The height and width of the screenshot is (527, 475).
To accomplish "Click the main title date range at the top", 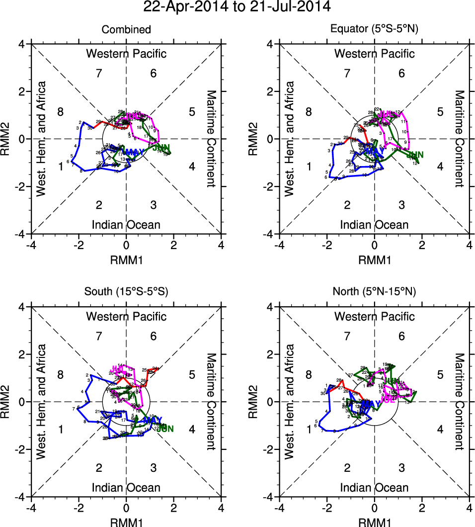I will point(237,7).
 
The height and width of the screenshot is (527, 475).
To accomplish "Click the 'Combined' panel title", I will point(126,30).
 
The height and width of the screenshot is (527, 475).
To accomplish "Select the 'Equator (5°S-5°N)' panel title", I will point(374,30).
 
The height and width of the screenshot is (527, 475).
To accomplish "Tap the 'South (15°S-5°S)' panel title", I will point(126,292).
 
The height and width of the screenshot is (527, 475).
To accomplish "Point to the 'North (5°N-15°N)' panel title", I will point(374,292).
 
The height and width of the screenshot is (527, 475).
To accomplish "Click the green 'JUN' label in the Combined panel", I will point(160,148).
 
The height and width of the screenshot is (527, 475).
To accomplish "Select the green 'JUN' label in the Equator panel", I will point(414,154).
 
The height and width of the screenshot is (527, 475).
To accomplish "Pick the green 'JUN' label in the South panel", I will point(165,429).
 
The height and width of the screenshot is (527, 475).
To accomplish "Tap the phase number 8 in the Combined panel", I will point(60,111).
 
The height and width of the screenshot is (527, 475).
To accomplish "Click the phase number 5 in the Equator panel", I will point(440,111).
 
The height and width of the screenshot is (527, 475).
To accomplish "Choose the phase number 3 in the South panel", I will point(154,467).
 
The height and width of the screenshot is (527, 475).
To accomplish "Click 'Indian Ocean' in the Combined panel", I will point(126,225).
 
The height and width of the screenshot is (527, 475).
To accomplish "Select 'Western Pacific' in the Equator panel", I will point(374,54).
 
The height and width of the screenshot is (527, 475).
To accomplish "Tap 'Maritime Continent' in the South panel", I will point(211,401).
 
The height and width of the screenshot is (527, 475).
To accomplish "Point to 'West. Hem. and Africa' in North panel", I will point(290,401).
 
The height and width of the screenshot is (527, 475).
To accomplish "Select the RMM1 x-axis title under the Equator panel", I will point(374,260).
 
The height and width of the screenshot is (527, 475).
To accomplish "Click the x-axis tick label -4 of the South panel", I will point(31,508).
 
